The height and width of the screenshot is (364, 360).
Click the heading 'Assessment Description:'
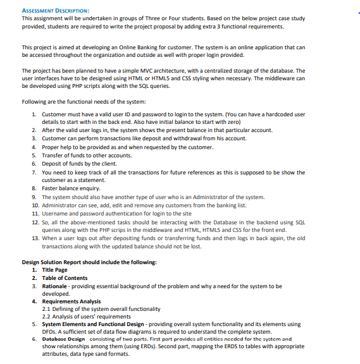[55, 11]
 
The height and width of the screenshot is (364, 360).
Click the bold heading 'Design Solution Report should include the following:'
[89, 262]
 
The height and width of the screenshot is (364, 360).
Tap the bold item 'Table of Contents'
[65, 278]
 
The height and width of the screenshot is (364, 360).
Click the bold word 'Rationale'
[56, 286]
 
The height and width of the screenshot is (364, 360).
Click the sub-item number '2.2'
[47, 316]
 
